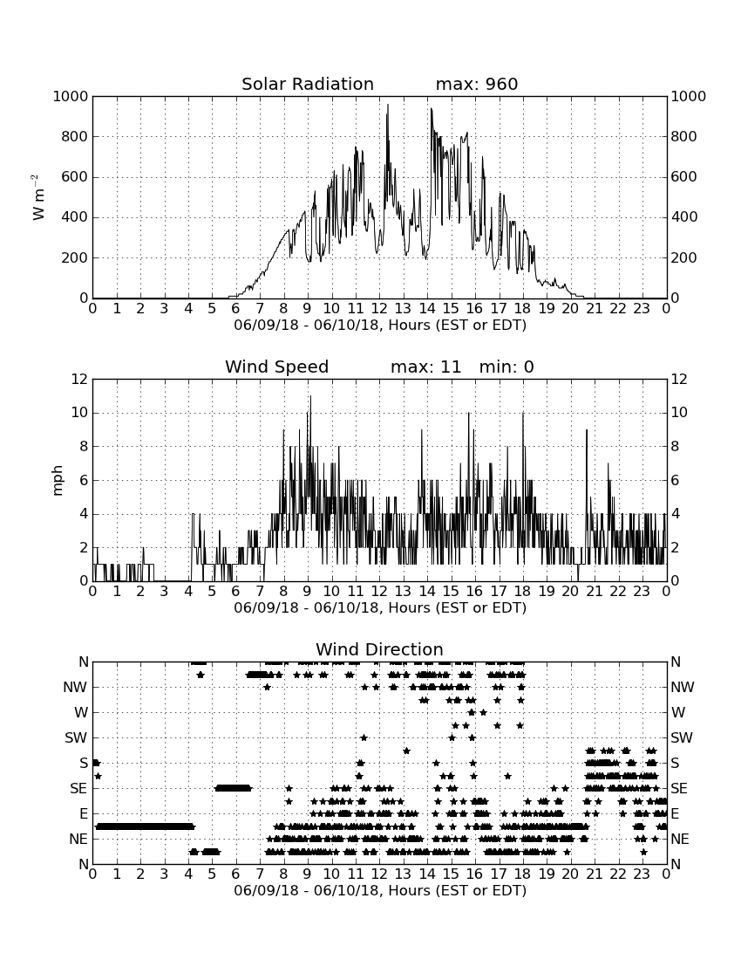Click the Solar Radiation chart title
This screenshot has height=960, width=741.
click(308, 84)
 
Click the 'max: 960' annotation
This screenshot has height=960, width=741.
click(477, 84)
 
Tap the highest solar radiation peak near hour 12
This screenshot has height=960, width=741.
click(388, 105)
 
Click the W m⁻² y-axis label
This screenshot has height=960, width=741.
click(37, 197)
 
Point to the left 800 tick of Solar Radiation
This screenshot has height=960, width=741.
click(75, 136)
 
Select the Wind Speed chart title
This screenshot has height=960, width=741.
click(277, 367)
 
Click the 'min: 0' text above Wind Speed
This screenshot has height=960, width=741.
click(506, 367)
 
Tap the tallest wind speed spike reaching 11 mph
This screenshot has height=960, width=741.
click(310, 397)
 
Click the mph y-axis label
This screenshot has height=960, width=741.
click(58, 480)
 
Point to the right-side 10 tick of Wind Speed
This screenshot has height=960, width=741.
click(679, 413)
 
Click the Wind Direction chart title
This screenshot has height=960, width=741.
click(379, 649)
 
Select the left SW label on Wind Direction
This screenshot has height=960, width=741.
click(76, 737)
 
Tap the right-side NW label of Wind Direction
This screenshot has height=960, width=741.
click(683, 688)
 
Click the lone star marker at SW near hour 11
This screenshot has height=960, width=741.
click(364, 737)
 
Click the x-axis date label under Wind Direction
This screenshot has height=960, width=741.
click(380, 890)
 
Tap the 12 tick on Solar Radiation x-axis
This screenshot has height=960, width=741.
click(379, 308)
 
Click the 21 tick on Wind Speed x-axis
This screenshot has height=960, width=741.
click(595, 591)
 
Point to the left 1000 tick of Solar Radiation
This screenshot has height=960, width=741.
click(71, 97)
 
